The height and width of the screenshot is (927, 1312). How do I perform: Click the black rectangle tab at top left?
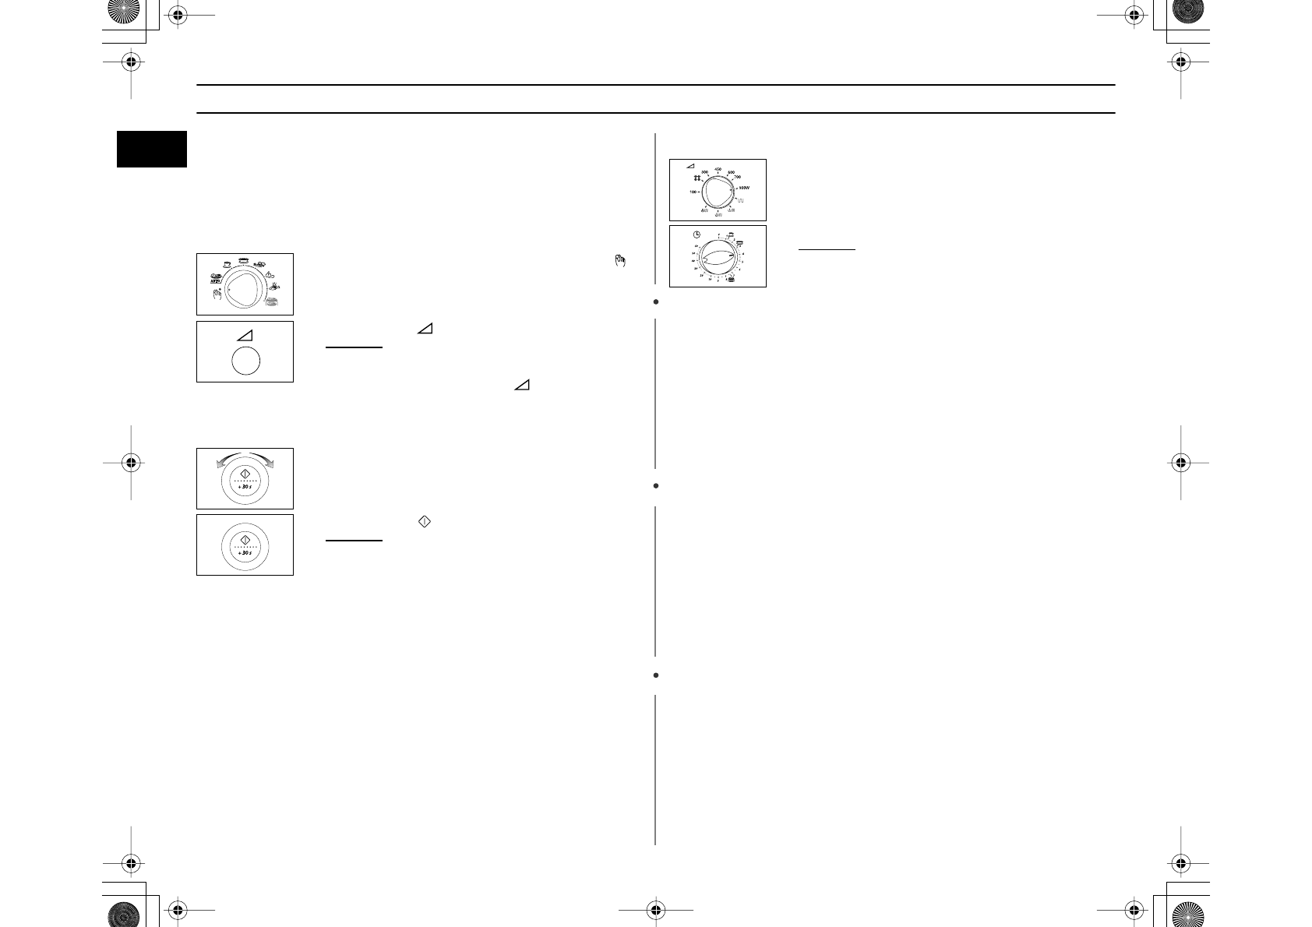152,149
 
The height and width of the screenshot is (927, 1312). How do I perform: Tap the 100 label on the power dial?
693,192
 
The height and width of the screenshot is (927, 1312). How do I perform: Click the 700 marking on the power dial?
737,178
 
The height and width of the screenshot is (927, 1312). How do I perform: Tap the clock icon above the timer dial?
697,234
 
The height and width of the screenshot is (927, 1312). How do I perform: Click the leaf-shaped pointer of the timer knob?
718,256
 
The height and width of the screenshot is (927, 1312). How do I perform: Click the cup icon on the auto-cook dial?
225,263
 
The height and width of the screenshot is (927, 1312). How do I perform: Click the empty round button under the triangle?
245,362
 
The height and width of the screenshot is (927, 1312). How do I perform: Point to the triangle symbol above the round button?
244,333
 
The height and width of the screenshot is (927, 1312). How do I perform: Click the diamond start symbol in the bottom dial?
245,539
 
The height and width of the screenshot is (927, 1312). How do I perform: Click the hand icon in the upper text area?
619,262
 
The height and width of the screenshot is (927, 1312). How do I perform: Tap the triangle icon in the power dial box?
690,166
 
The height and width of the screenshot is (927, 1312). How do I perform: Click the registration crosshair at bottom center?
655,908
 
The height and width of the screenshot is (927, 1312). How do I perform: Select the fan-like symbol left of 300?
697,178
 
